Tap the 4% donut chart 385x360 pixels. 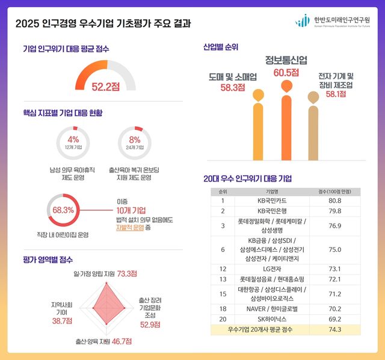[73, 143]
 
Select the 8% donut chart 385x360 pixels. [135, 143]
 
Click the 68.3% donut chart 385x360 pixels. [63, 210]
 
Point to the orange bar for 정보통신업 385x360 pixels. [286, 126]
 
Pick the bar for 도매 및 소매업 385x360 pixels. [258, 129]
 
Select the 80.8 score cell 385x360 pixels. [334, 200]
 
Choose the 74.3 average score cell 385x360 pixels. [334, 329]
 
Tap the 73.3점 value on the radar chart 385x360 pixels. [127, 273]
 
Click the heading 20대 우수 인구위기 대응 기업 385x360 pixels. [248, 178]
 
